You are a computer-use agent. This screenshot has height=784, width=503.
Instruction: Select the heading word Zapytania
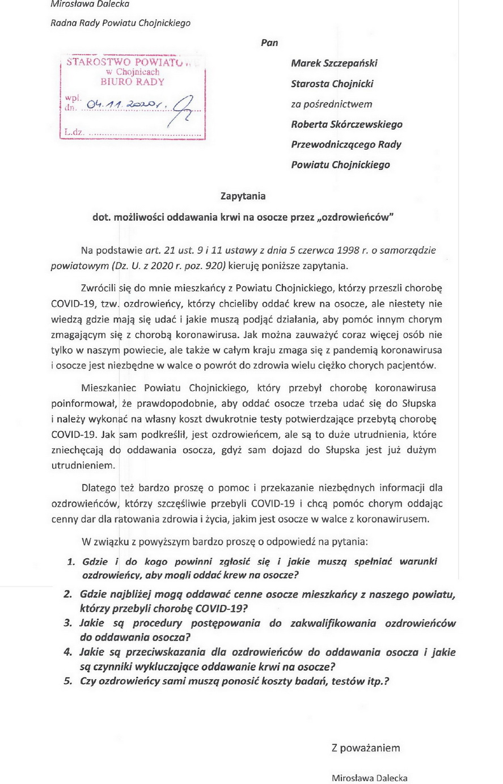click(243, 196)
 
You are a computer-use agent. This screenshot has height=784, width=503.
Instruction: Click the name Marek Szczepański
click(334, 63)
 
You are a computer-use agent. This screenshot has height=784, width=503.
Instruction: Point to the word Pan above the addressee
click(269, 43)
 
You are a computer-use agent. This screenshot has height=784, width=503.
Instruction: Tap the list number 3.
click(67, 623)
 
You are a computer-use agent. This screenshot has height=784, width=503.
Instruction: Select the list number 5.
click(67, 681)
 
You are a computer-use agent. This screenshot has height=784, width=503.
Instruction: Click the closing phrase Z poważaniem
click(366, 748)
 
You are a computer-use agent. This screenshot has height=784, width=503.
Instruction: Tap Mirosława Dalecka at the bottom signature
click(369, 778)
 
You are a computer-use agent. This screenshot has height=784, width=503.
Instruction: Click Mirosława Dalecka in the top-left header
click(90, 5)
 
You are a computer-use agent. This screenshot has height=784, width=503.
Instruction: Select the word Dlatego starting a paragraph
click(98, 488)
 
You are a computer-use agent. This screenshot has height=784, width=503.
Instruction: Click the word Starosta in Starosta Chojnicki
click(310, 83)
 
